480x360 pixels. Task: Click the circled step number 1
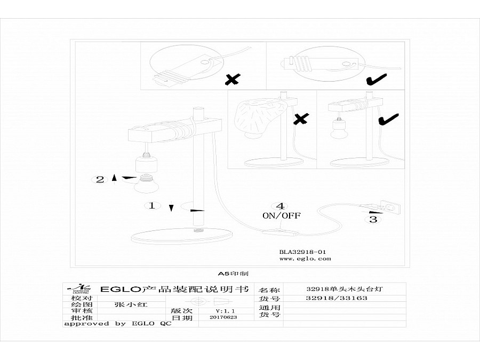click(152, 205)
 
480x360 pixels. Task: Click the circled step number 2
click(100, 179)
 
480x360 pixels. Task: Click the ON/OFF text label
click(281, 216)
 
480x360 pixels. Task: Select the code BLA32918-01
click(302, 251)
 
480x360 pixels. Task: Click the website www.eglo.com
click(305, 259)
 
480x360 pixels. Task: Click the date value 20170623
click(223, 317)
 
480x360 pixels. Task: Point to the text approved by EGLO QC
click(117, 323)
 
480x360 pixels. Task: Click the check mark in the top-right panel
click(377, 80)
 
